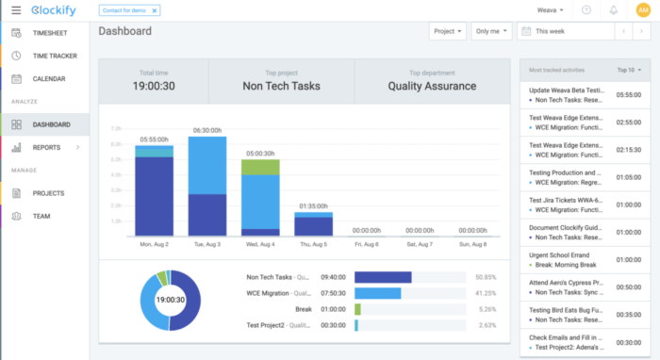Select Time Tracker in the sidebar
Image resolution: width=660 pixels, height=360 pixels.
tap(54, 56)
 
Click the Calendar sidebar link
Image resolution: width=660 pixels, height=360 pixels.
tap(48, 78)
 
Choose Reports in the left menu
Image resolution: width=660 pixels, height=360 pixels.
tap(46, 147)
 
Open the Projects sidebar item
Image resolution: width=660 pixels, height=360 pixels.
tap(48, 193)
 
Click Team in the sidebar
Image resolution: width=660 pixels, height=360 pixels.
tap(41, 216)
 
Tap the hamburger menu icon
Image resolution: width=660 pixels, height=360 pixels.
tap(17, 10)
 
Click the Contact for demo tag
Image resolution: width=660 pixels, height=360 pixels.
tap(130, 10)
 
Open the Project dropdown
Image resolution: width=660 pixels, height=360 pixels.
tap(448, 31)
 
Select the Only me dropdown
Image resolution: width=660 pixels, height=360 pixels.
tap(491, 31)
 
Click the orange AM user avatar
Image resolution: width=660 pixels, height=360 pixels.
tap(643, 10)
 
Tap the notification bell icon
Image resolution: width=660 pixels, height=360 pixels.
tap(615, 10)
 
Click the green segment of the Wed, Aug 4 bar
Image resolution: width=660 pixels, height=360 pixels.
tap(260, 167)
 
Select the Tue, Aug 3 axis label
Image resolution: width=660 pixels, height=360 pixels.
tap(206, 243)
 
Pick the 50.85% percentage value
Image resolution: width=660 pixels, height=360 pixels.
tap(487, 277)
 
